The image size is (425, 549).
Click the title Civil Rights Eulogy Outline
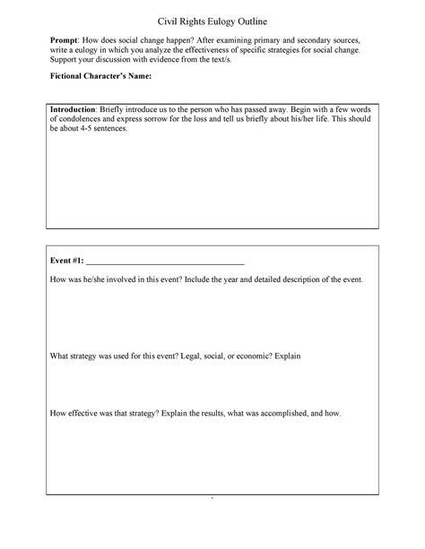click(x=212, y=21)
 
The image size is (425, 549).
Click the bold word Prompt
click(x=65, y=41)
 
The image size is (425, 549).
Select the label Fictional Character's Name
click(x=101, y=78)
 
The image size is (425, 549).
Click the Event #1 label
click(x=67, y=261)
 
